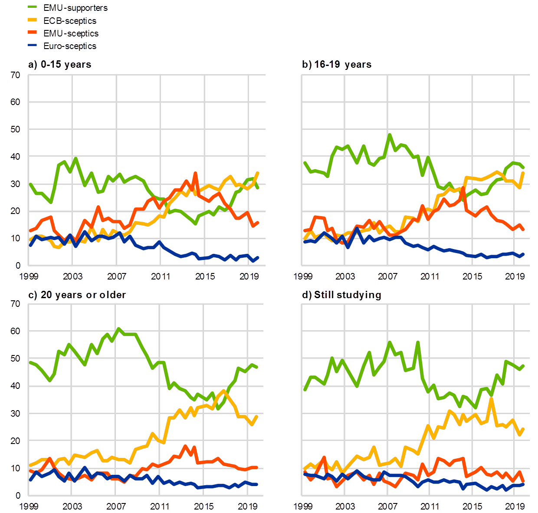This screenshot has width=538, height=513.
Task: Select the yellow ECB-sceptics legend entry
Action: click(x=69, y=20)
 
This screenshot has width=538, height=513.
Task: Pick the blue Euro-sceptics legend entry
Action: click(x=69, y=46)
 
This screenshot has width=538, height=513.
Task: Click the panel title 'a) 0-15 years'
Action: click(x=60, y=65)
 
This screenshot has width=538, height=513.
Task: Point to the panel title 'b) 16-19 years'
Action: click(x=337, y=65)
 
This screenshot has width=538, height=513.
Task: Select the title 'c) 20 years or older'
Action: click(x=76, y=295)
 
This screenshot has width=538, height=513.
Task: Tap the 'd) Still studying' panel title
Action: click(x=341, y=295)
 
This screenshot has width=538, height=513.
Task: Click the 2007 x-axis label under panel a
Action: click(x=116, y=276)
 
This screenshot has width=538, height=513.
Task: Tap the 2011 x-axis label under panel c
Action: click(x=160, y=506)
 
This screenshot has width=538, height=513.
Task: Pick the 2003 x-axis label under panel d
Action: click(x=345, y=506)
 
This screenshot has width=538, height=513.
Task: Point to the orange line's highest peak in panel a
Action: click(x=195, y=173)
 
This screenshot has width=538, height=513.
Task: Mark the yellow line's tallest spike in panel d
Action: click(x=491, y=398)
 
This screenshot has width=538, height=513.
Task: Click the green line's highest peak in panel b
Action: click(x=389, y=135)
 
